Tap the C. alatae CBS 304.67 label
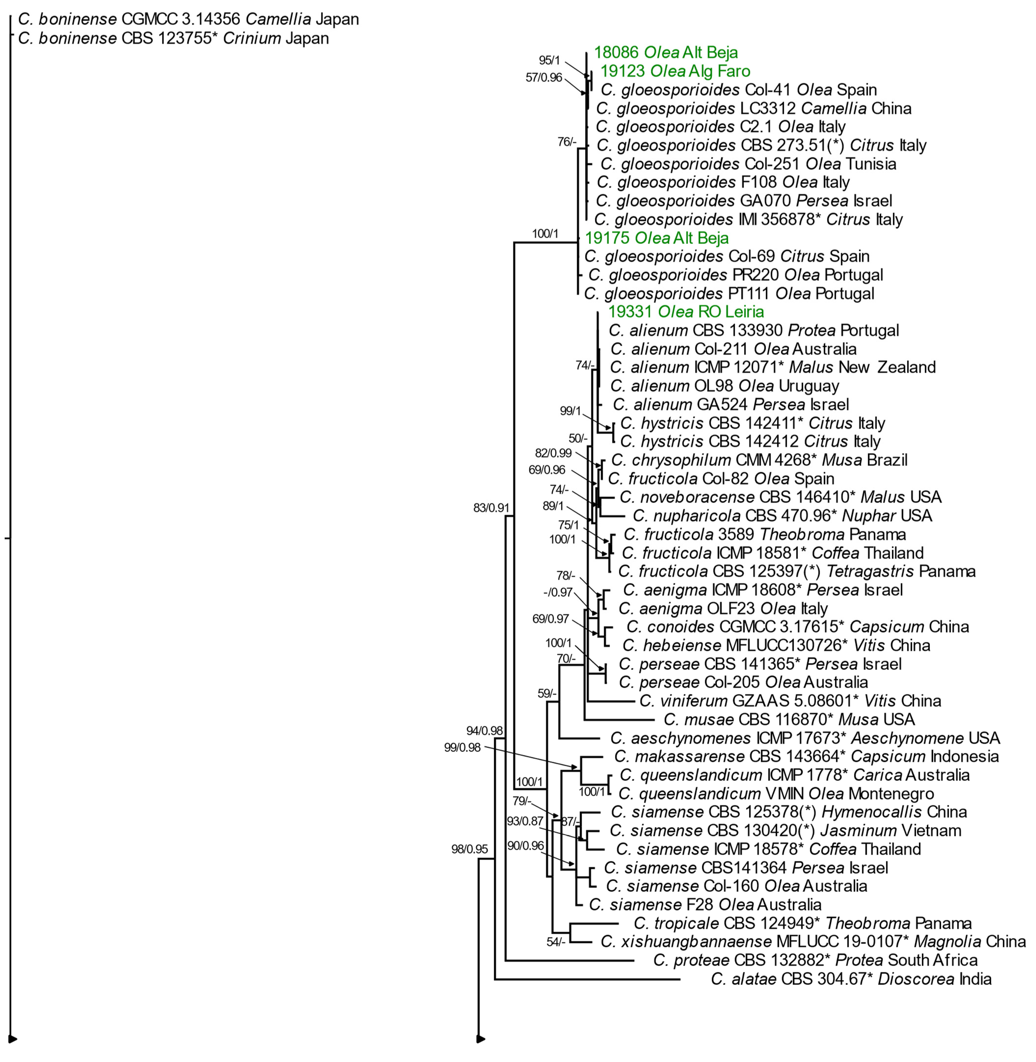pyautogui.click(x=851, y=979)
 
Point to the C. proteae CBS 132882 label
pyautogui.click(x=815, y=960)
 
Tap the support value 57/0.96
pyautogui.click(x=544, y=77)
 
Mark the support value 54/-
pyautogui.click(x=556, y=942)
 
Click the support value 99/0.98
pyautogui.click(x=462, y=747)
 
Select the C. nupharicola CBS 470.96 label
pyautogui.click(x=783, y=516)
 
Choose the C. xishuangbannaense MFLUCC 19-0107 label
pyautogui.click(x=813, y=942)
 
